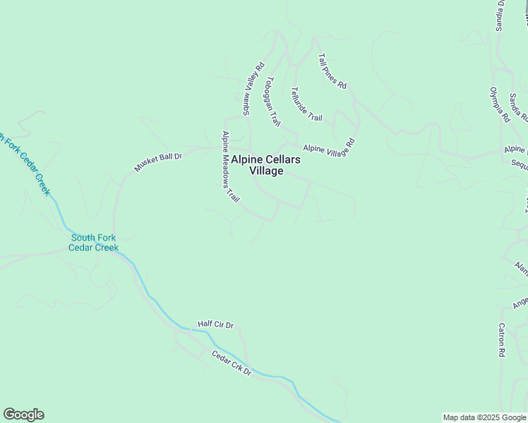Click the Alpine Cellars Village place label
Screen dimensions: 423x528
tap(266, 166)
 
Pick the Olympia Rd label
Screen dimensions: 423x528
tap(500, 105)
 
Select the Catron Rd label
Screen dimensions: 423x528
tap(502, 339)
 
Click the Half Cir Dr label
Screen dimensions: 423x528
tap(215, 324)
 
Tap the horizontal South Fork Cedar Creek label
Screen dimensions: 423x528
tap(94, 243)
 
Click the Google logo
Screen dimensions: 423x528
tap(23, 415)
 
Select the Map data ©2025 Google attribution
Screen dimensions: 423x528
tap(484, 417)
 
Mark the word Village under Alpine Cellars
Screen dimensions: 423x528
tap(266, 171)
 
